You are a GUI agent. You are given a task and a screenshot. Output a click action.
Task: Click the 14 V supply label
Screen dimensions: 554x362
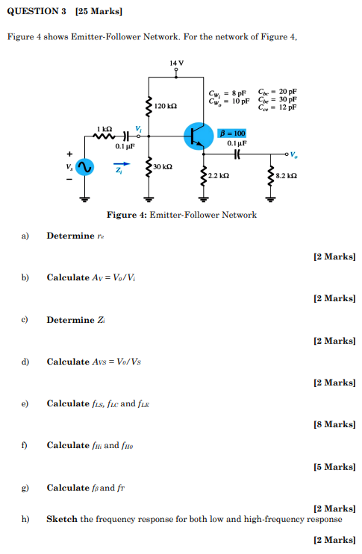tap(175, 63)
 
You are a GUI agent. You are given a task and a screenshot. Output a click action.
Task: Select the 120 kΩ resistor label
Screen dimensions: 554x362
tap(166, 107)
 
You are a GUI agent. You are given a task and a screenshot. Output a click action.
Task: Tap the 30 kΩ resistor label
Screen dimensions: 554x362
tap(164, 166)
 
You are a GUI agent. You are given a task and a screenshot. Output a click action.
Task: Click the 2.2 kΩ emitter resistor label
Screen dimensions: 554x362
tap(219, 176)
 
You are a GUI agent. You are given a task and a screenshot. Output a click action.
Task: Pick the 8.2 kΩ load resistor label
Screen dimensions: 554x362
tap(287, 176)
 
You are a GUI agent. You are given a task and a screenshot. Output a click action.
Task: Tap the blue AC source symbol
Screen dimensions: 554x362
tap(84, 169)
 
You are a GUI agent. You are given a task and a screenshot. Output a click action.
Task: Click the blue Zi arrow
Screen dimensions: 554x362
tap(119, 163)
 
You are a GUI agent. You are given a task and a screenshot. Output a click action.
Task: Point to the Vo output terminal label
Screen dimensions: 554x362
tap(294, 156)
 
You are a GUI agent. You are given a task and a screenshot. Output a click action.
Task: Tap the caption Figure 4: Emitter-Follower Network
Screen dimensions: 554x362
tap(181, 215)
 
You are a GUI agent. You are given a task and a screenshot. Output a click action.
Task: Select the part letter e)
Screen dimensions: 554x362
tap(25, 403)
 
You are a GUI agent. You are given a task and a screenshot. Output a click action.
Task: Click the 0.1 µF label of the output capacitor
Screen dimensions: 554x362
tap(237, 142)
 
